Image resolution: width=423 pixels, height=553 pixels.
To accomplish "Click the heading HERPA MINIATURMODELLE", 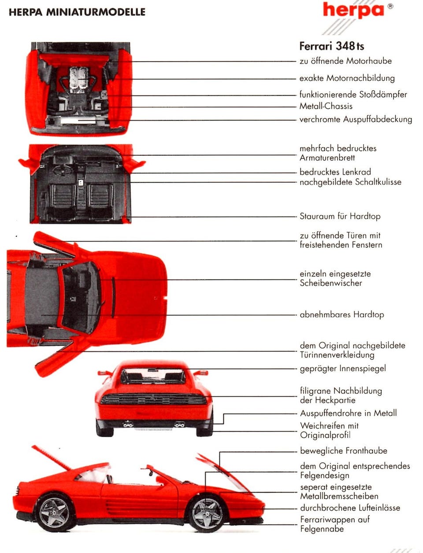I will (x=77, y=12).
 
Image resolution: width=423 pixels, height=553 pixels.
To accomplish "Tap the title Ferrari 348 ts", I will (x=331, y=46).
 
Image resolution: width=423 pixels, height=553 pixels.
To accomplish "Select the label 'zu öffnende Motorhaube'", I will (x=345, y=61).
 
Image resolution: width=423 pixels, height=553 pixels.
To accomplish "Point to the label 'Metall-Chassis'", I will (x=326, y=106).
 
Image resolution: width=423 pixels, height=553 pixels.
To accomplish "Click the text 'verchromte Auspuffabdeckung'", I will (x=356, y=119).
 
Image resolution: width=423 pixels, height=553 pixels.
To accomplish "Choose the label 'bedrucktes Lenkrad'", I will (x=335, y=172).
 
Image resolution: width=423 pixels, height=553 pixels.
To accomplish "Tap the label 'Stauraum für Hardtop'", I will (x=340, y=216).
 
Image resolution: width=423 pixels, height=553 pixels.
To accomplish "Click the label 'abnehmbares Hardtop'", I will (x=341, y=315).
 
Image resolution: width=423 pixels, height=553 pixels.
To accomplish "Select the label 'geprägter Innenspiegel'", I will (x=343, y=368).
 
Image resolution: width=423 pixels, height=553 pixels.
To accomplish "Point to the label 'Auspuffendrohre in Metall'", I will (x=348, y=413).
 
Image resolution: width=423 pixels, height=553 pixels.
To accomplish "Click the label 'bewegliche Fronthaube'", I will (x=344, y=451).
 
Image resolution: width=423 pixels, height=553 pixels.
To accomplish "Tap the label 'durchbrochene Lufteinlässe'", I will (x=350, y=508).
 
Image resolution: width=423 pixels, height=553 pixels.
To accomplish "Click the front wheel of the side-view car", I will (x=206, y=513).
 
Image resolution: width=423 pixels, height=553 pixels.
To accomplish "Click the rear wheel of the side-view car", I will (x=54, y=513).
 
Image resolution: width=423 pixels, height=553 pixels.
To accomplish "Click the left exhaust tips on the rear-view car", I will (x=128, y=425).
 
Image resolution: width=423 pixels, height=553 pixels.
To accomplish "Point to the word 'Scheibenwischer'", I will (x=330, y=283).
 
